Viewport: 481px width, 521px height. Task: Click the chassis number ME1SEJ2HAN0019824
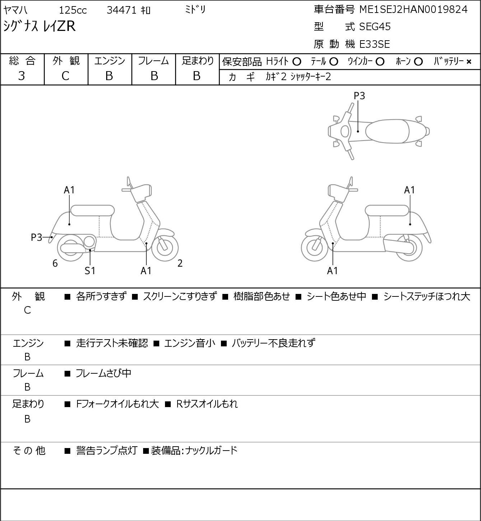(x=413, y=9)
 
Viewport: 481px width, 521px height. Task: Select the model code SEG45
(x=374, y=27)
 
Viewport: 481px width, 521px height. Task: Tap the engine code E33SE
(x=374, y=44)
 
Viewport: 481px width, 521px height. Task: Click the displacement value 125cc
(x=72, y=10)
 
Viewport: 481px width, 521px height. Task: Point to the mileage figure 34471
(x=121, y=10)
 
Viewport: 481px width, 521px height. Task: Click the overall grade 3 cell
(x=22, y=76)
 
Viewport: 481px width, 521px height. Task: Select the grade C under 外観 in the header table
(x=65, y=76)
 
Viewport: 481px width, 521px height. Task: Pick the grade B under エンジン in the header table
(x=109, y=76)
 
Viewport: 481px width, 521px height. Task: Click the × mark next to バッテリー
(x=469, y=62)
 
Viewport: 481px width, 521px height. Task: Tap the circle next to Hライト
(x=297, y=62)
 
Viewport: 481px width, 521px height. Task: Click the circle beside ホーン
(x=418, y=62)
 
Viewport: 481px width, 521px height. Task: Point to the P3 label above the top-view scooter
(x=359, y=96)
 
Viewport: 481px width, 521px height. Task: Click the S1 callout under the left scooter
(x=90, y=271)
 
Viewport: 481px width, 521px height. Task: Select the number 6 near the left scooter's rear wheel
(x=55, y=263)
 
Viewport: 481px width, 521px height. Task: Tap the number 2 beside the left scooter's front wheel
(x=180, y=263)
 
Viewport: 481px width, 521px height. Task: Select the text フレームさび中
(x=103, y=373)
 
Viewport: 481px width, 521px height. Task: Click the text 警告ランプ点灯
(x=107, y=451)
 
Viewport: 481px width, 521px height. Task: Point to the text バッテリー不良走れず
(x=273, y=343)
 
